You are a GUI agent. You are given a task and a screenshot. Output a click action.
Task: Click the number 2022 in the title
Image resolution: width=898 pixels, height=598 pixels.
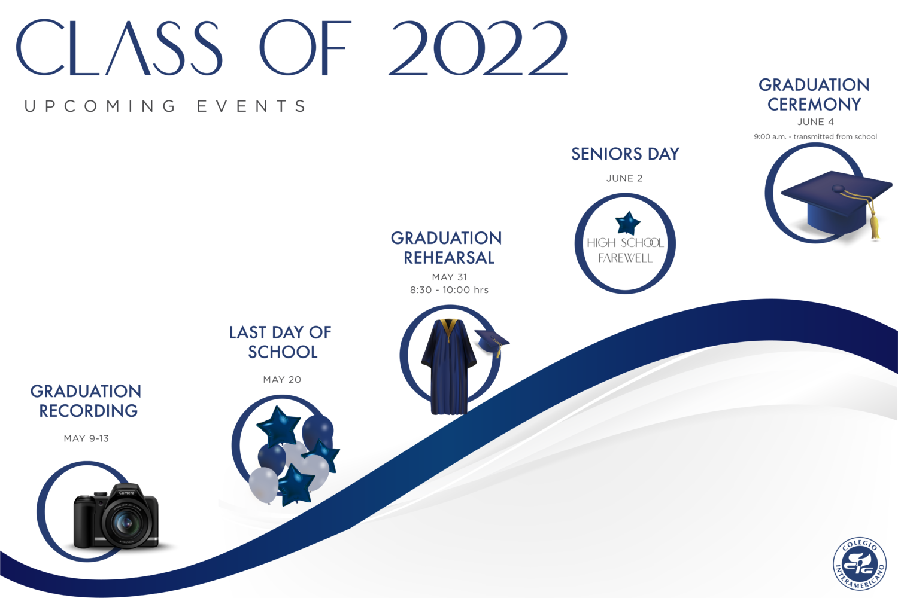point(478,48)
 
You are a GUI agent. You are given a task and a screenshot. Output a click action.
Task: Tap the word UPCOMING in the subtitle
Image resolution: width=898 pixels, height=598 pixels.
point(100,106)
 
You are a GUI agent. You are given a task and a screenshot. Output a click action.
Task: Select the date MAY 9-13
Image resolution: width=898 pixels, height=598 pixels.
point(86,438)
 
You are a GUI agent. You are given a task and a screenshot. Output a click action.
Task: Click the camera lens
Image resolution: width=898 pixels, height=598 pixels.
point(126,523)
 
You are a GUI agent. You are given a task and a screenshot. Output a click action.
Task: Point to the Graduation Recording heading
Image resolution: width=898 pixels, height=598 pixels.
point(86,401)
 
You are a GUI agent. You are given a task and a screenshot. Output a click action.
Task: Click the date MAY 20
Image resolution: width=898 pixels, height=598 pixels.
point(282,379)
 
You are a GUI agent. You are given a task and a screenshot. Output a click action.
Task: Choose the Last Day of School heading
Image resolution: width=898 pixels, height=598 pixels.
point(281,342)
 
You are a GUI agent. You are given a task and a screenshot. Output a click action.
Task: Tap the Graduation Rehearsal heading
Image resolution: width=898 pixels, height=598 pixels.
point(447,248)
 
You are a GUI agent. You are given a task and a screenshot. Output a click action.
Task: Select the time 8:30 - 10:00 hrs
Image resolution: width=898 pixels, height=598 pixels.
point(449,289)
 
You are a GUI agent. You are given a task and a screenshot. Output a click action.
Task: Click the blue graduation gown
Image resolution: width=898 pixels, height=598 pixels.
point(449,367)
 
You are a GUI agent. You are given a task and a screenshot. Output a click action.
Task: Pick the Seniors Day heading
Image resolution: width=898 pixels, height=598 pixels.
point(625,154)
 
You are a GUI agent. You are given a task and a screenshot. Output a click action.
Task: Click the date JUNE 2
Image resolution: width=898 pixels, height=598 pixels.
point(624,178)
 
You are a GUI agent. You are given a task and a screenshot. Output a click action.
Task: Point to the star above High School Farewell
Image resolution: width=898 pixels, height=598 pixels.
point(627,223)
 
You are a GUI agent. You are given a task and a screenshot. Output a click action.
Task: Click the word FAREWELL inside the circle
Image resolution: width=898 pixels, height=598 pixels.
point(626,258)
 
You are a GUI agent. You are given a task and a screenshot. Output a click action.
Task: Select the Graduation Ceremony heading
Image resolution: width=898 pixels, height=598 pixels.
point(814,94)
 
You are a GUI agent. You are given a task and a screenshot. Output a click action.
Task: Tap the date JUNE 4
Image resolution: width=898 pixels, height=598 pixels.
point(815,122)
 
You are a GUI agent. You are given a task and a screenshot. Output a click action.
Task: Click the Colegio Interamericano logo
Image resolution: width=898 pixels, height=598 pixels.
point(860,563)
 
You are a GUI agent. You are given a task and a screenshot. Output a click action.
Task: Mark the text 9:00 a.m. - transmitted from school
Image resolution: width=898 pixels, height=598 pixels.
point(815,136)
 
